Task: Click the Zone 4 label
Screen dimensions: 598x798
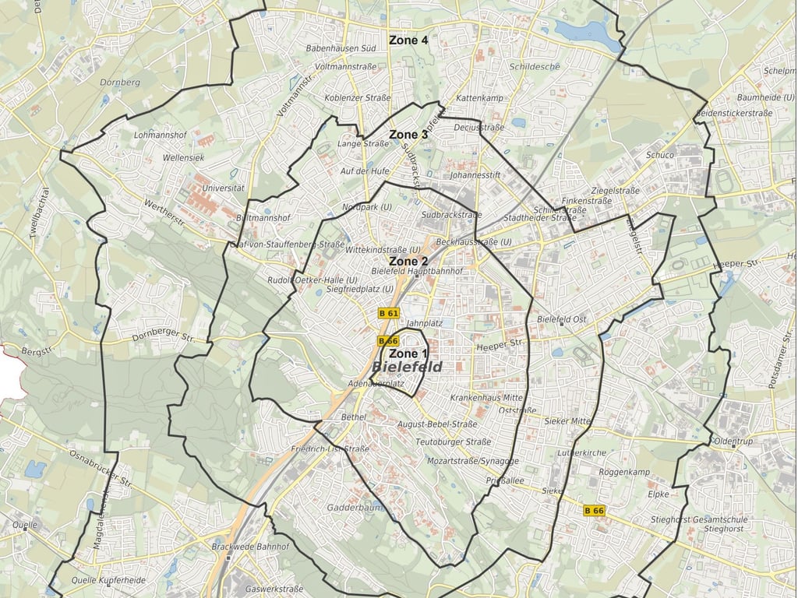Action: click(x=408, y=40)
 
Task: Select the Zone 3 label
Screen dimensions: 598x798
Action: click(x=408, y=135)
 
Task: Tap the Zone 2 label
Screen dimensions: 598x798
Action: click(x=408, y=262)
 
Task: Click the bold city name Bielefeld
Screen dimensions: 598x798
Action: click(x=408, y=368)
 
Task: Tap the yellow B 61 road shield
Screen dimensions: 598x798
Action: click(x=388, y=313)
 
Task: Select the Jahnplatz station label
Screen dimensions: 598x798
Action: click(x=425, y=322)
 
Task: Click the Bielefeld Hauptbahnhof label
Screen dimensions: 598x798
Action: click(x=418, y=271)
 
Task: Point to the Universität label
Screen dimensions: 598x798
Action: click(x=223, y=188)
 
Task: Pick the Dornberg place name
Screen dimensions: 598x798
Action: click(x=120, y=82)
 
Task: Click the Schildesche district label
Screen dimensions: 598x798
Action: click(x=534, y=66)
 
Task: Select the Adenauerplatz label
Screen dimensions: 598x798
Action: click(x=376, y=384)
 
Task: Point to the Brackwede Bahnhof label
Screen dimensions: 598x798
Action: click(x=250, y=547)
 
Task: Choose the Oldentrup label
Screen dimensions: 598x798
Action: click(x=735, y=441)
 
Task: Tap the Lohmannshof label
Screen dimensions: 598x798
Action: click(x=157, y=135)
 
